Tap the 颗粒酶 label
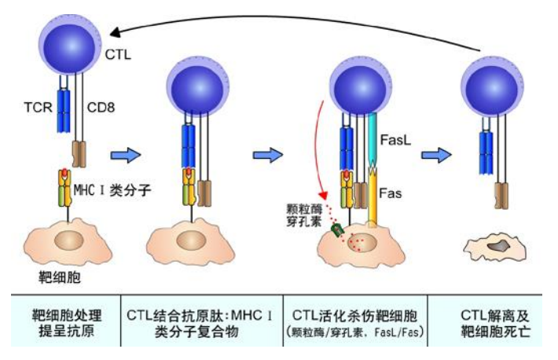[x=303, y=208]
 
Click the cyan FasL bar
[x=373, y=138]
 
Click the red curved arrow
[x=317, y=149]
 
